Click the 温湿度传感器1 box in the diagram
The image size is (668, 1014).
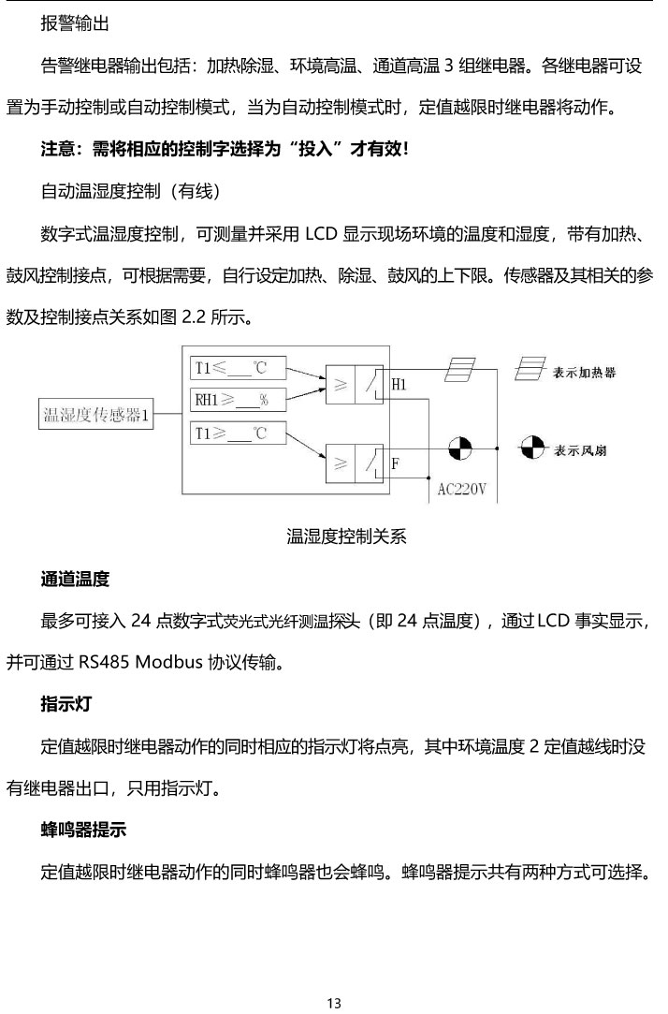[x=97, y=415]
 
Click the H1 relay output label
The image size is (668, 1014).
[x=399, y=385]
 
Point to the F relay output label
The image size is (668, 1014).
[x=396, y=463]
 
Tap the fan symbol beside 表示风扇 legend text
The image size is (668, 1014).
[x=530, y=448]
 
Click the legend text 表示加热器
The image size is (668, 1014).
[x=585, y=372]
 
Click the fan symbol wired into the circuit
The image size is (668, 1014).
[x=460, y=448]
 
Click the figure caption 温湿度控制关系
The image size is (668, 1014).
[x=346, y=536]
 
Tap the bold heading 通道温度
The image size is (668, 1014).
[x=75, y=580]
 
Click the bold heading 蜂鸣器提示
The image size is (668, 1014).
[x=83, y=830]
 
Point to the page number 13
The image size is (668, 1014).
[x=334, y=1003]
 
